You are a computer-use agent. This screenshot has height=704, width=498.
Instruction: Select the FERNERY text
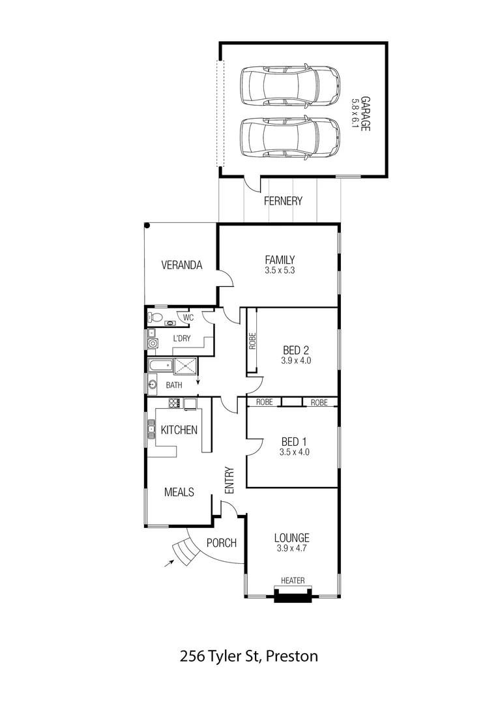283,201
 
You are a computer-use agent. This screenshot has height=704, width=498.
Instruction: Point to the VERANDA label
181,265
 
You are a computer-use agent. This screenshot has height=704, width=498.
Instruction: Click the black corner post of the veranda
148,226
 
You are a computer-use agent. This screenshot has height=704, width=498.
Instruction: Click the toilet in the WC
155,317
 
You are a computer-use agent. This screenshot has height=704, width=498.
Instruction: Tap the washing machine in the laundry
153,344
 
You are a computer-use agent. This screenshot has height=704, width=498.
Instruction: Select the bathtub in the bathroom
160,366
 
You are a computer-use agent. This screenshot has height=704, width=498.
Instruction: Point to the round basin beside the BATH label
153,385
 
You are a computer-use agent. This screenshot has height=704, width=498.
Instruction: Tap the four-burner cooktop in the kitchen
174,403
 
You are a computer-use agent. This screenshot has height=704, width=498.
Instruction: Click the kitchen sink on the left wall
150,430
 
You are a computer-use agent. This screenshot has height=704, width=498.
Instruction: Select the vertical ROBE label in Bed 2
252,342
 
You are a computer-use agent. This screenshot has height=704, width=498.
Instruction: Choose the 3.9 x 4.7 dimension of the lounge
291,548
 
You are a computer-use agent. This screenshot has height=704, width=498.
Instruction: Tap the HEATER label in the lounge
293,580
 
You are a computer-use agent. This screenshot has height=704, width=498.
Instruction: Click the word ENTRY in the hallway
229,480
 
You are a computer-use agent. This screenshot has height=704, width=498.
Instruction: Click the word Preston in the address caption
292,656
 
